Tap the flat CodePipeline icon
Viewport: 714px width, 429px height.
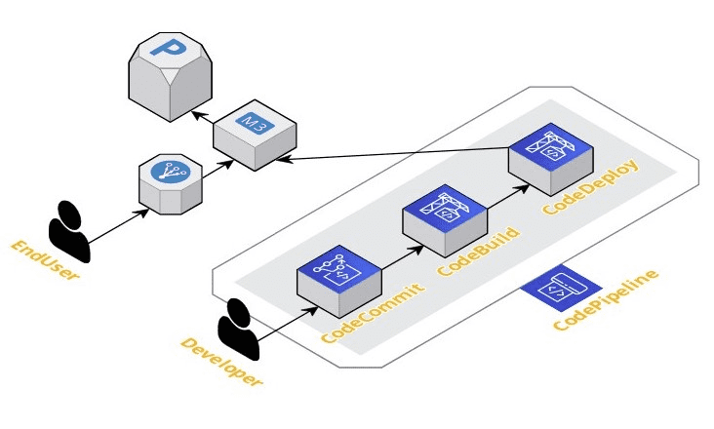561,284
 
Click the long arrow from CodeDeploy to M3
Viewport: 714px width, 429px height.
400,153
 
